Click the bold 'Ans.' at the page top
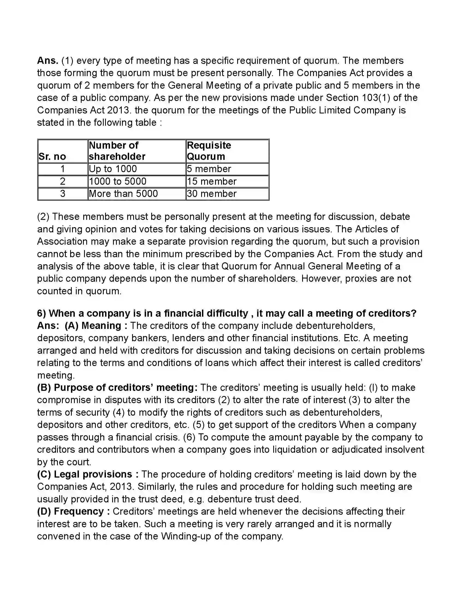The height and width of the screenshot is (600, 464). (x=47, y=61)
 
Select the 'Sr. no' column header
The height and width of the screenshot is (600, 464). (x=52, y=156)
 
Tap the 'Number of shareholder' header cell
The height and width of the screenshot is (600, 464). (x=117, y=151)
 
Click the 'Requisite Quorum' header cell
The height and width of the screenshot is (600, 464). (x=209, y=151)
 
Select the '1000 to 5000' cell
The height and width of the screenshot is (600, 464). (x=117, y=181)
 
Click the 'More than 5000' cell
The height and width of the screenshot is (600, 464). (x=123, y=194)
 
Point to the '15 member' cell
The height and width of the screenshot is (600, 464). (x=211, y=181)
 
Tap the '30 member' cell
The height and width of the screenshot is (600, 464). (x=211, y=194)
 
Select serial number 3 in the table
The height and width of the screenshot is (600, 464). (x=63, y=194)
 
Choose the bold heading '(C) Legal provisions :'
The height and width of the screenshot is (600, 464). (x=88, y=475)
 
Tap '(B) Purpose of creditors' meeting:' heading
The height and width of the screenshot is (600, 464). (x=117, y=388)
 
